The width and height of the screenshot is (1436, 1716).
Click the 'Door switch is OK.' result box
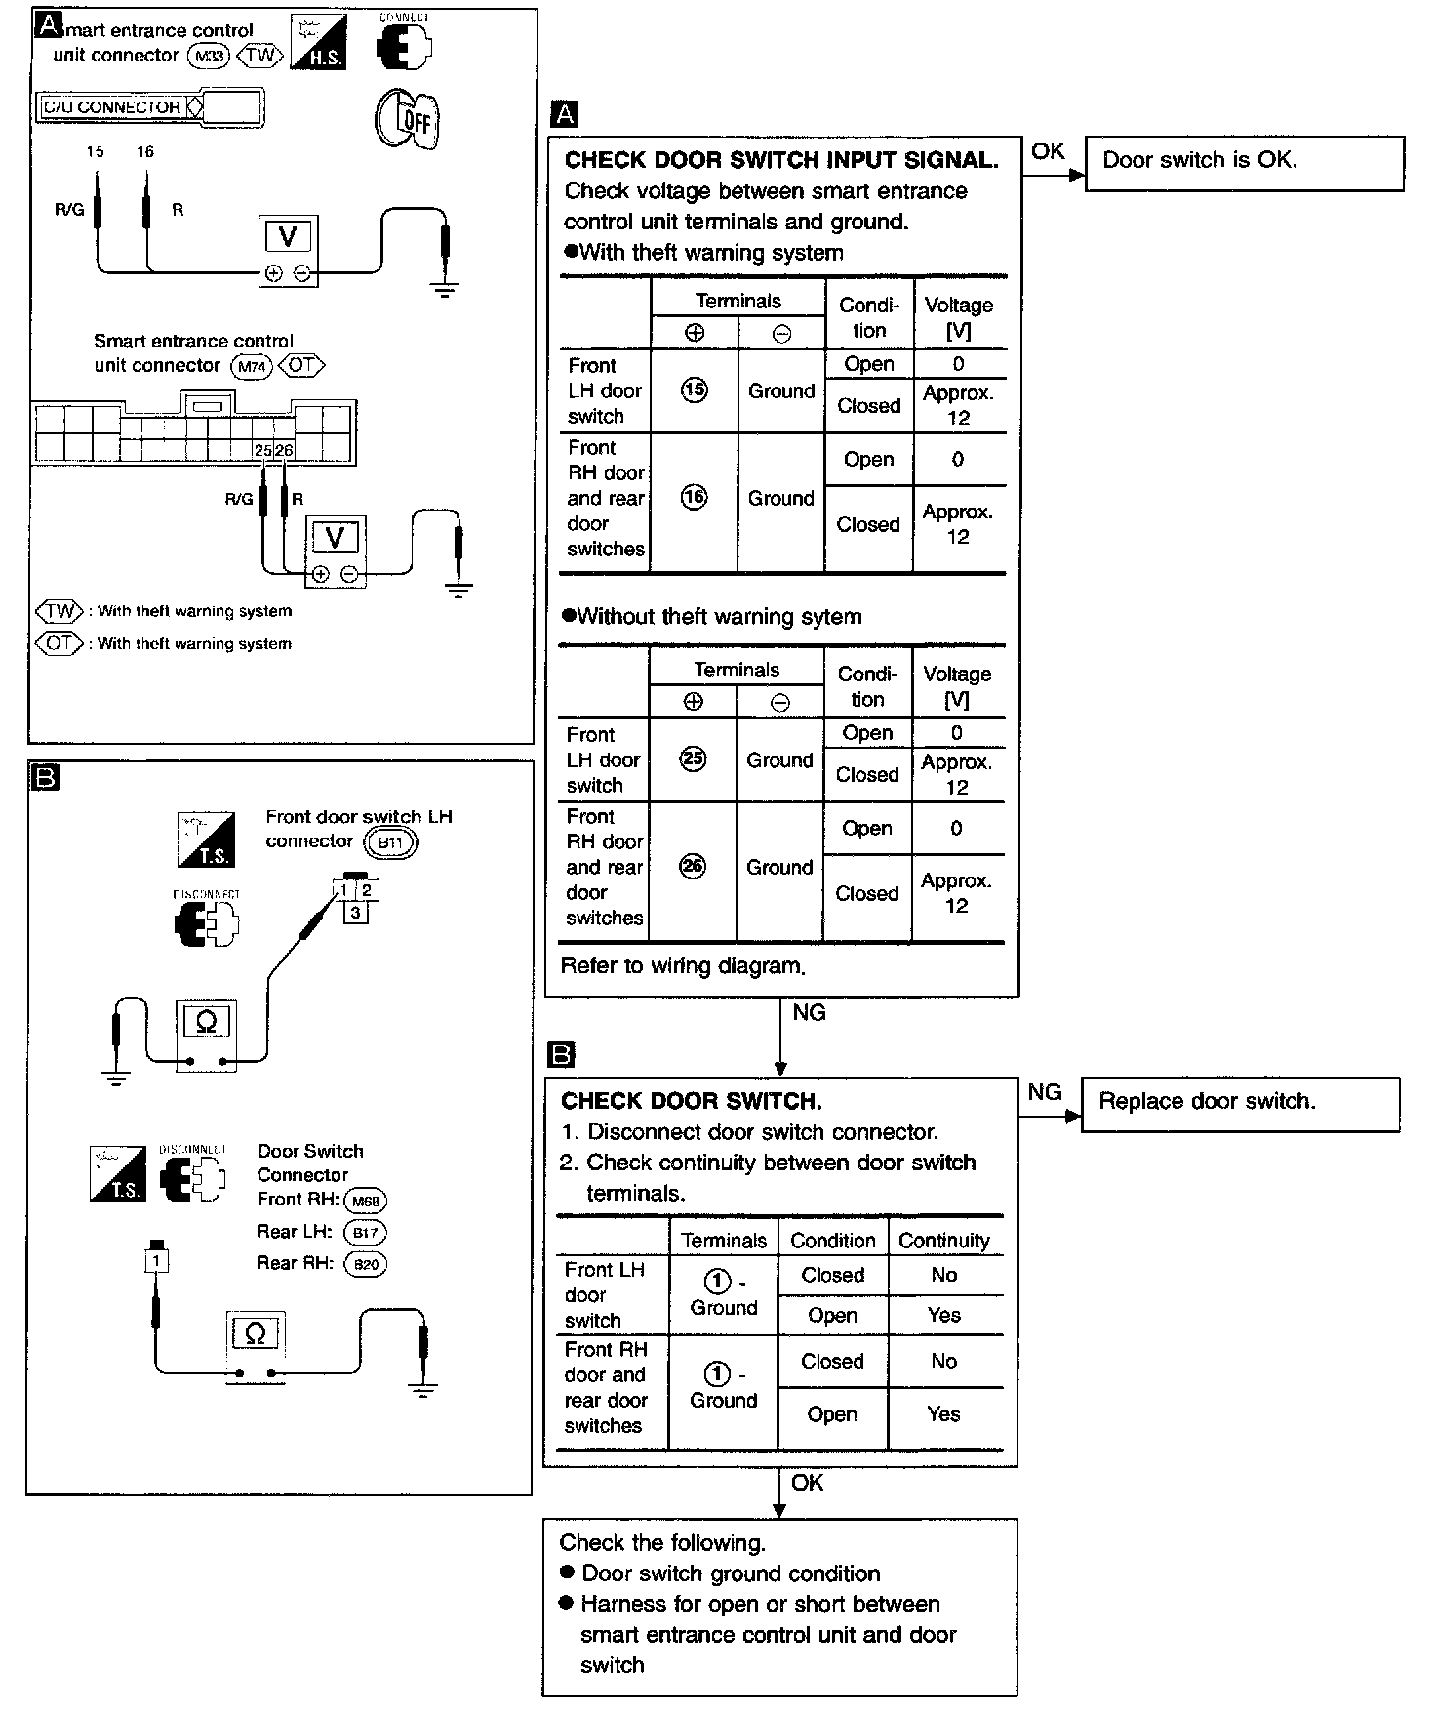click(1244, 163)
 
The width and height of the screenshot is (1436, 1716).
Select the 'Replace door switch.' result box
click(1240, 1104)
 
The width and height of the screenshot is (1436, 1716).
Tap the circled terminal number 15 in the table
click(694, 390)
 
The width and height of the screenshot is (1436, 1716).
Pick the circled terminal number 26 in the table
click(692, 867)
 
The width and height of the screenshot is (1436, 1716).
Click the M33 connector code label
click(208, 57)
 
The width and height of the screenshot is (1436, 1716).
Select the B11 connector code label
click(390, 842)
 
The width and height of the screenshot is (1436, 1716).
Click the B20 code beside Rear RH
click(366, 1265)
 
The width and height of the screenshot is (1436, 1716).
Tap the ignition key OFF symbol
click(407, 120)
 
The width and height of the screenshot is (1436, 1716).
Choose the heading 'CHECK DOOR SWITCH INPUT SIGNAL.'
click(781, 160)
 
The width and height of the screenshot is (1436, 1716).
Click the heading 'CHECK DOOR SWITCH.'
click(691, 1101)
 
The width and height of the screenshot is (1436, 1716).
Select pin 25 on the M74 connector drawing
click(262, 451)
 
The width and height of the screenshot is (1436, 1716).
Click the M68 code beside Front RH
click(366, 1202)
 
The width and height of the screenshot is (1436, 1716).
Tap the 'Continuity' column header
click(943, 1241)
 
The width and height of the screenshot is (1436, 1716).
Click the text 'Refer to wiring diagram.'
click(683, 966)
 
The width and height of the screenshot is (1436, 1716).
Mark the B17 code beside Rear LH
click(365, 1233)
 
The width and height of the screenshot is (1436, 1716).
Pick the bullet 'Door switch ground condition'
click(731, 1573)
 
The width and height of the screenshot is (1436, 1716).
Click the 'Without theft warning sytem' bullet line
click(719, 617)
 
